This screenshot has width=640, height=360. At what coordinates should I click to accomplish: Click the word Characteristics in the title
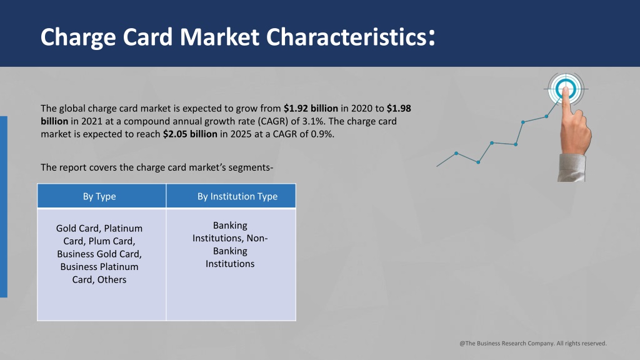pyautogui.click(x=346, y=37)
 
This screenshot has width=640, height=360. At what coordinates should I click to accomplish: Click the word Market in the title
pyautogui.click(x=219, y=37)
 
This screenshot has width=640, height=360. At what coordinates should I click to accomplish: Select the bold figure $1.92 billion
pyautogui.click(x=311, y=109)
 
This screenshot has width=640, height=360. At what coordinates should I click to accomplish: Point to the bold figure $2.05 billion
pyautogui.click(x=190, y=134)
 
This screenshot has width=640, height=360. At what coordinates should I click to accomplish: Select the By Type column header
pyautogui.click(x=99, y=196)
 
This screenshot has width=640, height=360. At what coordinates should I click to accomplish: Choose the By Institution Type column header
pyautogui.click(x=237, y=196)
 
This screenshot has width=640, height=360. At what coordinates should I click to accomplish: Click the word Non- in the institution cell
pyautogui.click(x=257, y=238)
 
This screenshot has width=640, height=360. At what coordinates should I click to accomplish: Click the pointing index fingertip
pyautogui.click(x=566, y=91)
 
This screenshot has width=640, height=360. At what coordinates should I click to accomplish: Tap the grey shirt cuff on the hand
pyautogui.click(x=572, y=167)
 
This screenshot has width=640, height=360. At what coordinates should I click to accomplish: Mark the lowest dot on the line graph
pyautogui.click(x=478, y=162)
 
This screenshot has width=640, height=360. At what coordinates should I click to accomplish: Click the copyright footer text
pyautogui.click(x=533, y=343)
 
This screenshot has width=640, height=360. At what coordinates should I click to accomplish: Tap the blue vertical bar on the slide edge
pyautogui.click(x=4, y=206)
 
